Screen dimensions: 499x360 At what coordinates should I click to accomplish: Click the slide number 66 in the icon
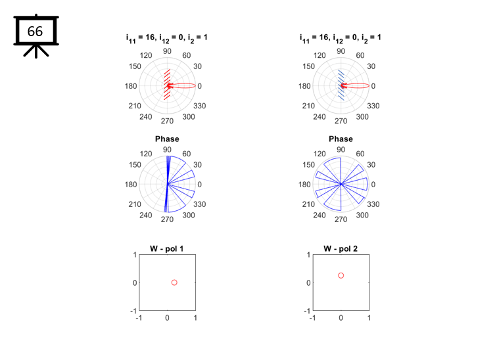point(35,31)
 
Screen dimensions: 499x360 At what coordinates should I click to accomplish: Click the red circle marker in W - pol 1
point(174,282)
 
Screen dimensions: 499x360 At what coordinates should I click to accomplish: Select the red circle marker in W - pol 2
point(341,275)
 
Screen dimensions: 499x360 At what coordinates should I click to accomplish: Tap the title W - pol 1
point(167,249)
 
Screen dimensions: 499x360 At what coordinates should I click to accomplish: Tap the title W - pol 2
point(341,249)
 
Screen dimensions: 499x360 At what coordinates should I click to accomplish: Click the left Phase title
point(167,139)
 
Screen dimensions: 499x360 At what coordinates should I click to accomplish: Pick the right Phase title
point(341,139)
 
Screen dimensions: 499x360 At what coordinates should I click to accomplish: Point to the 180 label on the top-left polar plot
point(131,86)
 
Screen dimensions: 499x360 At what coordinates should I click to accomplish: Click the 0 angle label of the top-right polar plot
point(373,86)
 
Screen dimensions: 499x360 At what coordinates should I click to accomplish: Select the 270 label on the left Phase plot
point(167,219)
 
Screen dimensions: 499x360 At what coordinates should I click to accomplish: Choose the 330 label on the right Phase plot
point(373,204)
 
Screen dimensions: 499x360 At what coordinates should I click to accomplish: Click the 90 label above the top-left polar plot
point(167,51)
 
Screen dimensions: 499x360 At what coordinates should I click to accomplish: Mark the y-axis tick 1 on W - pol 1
point(135,255)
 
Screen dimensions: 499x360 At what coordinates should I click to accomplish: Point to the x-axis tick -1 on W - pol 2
point(312,318)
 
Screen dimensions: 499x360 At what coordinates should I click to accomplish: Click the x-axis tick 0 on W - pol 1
point(167,318)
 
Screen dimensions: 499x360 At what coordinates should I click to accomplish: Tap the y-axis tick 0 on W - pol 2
point(308,282)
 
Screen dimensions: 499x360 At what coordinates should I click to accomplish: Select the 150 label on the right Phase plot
point(308,165)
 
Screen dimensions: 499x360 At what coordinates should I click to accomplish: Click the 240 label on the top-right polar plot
point(320,117)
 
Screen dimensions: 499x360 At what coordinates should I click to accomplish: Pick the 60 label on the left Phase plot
point(187,154)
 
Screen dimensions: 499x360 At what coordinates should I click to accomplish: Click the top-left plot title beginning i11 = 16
point(167,38)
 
